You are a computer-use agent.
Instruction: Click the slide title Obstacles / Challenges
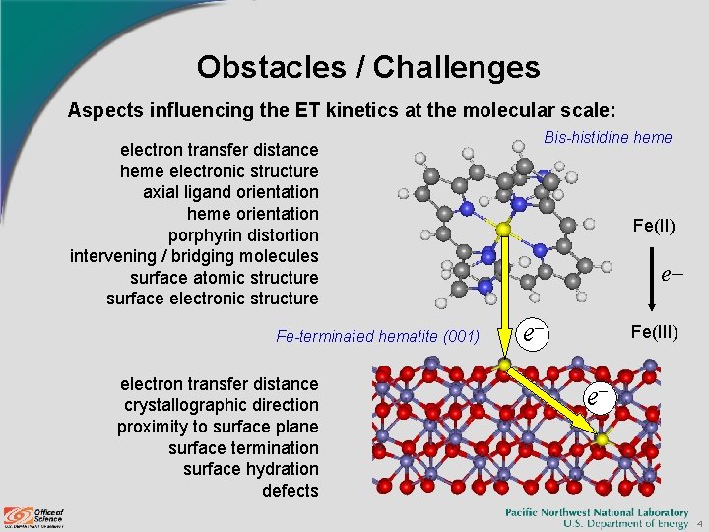(367, 67)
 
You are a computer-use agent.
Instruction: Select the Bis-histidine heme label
(608, 137)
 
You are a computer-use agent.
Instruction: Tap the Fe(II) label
(653, 227)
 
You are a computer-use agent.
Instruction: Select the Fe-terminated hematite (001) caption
(377, 337)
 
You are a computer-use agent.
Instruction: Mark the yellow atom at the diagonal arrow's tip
(602, 438)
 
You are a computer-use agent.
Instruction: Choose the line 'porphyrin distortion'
(243, 235)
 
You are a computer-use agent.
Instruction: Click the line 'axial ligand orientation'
(230, 192)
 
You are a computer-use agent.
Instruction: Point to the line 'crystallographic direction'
(221, 405)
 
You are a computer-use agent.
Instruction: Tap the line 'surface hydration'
(250, 469)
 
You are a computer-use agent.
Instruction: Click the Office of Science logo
(33, 516)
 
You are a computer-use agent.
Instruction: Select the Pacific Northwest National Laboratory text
(597, 512)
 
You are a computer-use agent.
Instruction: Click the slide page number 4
(698, 524)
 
